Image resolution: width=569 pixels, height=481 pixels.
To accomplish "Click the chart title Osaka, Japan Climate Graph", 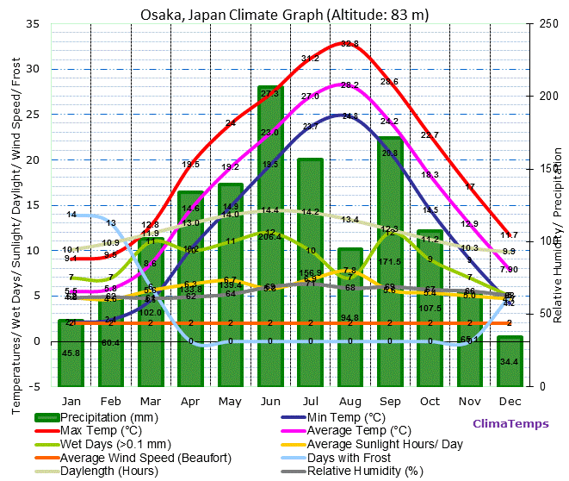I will [284, 15].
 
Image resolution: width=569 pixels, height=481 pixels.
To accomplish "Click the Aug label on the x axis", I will [350, 402].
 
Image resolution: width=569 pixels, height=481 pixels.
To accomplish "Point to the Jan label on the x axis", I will [71, 402].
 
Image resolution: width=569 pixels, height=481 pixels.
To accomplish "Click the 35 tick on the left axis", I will [34, 24].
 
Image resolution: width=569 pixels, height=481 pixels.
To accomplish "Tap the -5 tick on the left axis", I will [35, 386].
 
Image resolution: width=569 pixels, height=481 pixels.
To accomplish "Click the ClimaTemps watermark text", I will [510, 424].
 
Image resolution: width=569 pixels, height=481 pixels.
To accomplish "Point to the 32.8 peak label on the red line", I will [349, 43].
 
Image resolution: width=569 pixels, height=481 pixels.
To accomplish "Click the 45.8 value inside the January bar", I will [71, 353].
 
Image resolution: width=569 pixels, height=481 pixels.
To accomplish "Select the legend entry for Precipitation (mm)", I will [108, 416].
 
